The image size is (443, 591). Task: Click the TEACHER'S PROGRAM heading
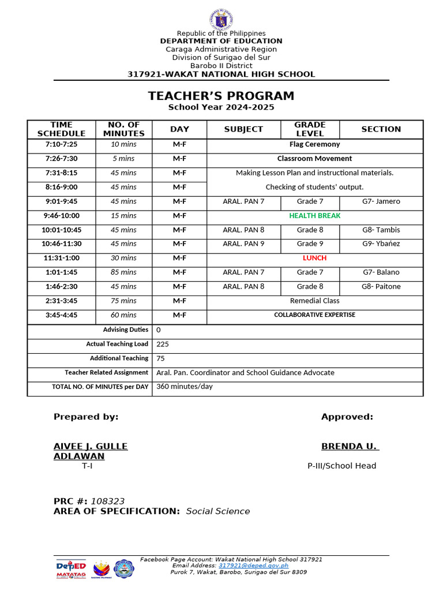(221, 96)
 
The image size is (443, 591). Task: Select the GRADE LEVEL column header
(310, 129)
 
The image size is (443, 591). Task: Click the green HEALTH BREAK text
(314, 216)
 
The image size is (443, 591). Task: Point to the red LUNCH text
(314, 258)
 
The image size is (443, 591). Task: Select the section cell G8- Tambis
(381, 230)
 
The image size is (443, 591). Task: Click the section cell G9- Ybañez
(381, 244)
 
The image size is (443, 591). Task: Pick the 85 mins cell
(123, 272)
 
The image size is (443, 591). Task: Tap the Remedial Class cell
(314, 301)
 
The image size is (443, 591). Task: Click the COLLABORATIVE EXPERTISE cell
(314, 315)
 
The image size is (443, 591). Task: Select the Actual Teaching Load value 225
(163, 344)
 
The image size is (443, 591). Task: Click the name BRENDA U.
(350, 446)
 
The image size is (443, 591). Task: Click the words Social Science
(218, 511)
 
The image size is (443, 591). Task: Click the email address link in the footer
(253, 566)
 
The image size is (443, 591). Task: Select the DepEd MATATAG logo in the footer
(71, 568)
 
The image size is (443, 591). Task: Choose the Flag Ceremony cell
(314, 144)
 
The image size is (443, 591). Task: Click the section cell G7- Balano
(381, 272)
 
